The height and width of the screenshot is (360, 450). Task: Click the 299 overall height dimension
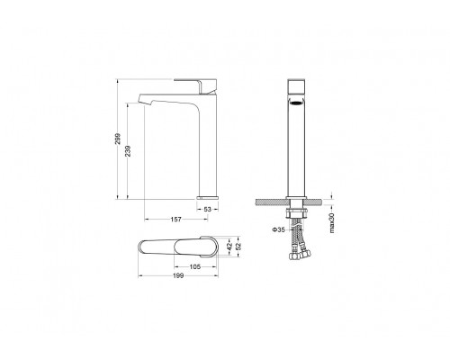click(x=118, y=139)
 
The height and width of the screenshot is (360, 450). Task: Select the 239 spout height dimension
click(x=128, y=151)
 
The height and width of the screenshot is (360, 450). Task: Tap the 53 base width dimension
click(x=208, y=210)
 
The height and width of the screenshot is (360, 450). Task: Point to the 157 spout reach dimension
click(x=176, y=220)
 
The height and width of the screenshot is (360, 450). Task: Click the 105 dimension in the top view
click(x=195, y=266)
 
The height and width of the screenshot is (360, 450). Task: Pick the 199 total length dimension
click(x=178, y=275)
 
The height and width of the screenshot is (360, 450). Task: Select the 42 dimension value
click(x=229, y=247)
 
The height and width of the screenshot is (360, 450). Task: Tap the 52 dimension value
click(x=238, y=247)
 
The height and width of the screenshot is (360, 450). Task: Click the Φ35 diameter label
click(x=278, y=229)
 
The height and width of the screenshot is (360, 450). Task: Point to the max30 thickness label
click(x=332, y=223)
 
